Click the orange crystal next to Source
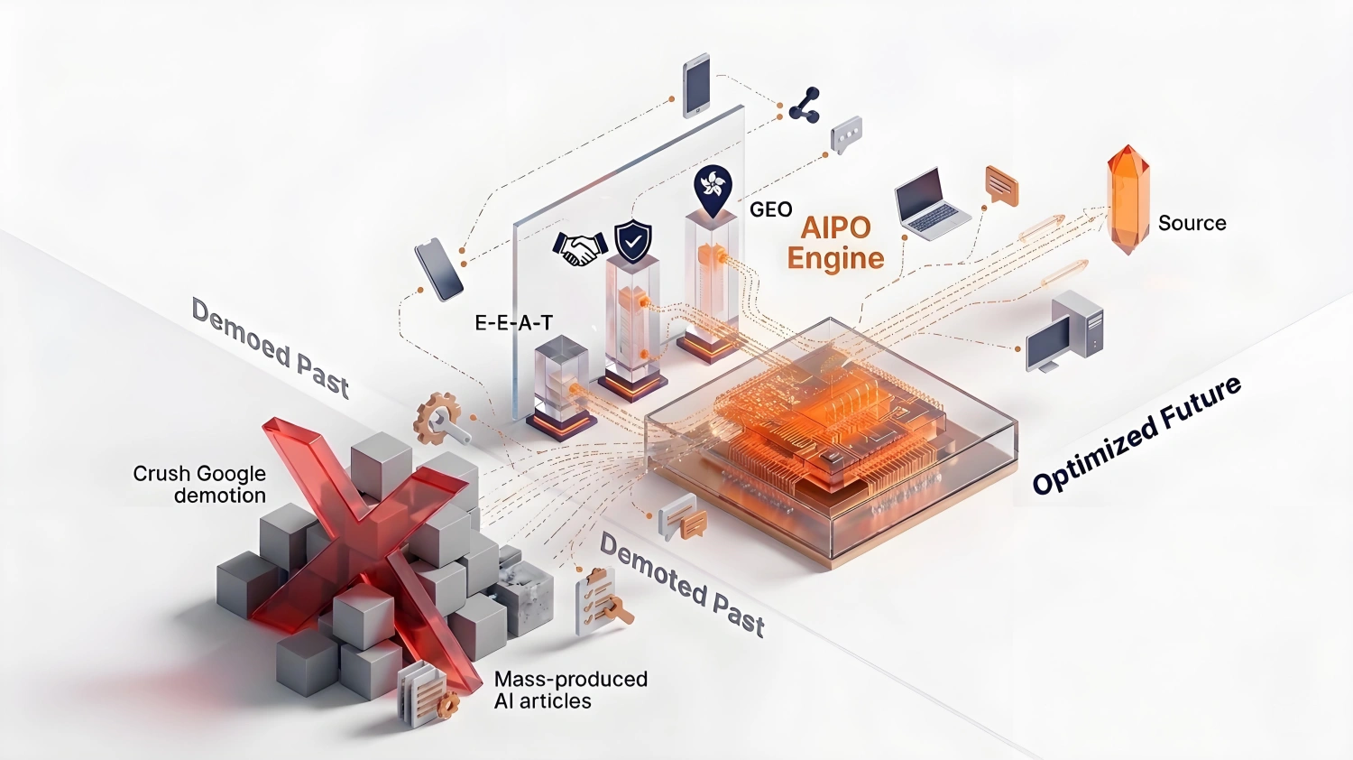[x=1127, y=200]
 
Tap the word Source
[x=1192, y=223]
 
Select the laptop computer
[x=930, y=204]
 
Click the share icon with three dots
[x=804, y=105]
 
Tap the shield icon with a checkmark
[x=632, y=241]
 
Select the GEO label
[x=770, y=209]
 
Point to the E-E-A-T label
[x=513, y=321]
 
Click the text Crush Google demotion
[x=199, y=484]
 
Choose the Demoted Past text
[x=682, y=585]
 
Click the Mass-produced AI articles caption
[x=570, y=690]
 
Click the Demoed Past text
[x=270, y=348]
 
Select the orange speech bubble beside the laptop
[x=1001, y=185]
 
